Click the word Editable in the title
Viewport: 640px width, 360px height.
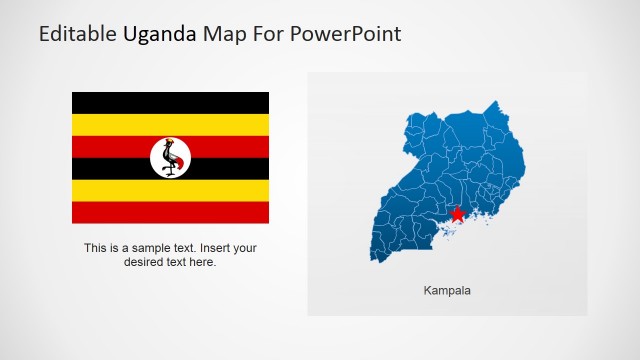point(78,34)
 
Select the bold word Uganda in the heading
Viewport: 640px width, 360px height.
point(160,34)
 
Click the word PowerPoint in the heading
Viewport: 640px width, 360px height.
point(347,34)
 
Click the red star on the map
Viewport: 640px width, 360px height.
point(458,214)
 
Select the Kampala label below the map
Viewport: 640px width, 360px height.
point(447,291)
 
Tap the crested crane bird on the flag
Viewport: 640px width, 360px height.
point(170,157)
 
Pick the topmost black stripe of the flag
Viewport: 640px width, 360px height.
point(120,102)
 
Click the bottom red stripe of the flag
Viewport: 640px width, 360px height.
point(120,212)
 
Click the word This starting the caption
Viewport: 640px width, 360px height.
point(96,248)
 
